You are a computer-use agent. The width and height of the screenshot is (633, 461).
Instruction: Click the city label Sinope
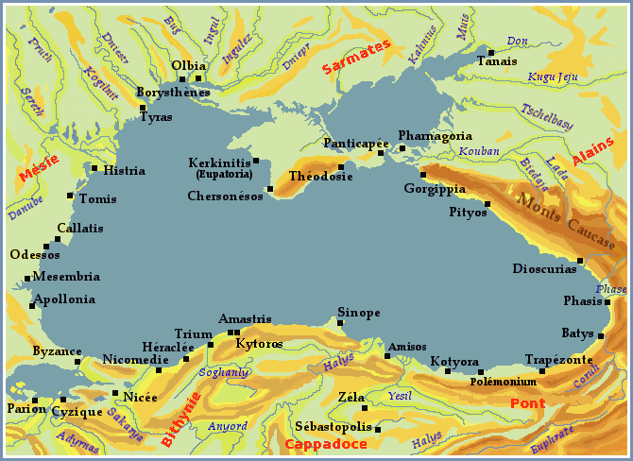pos(359,312)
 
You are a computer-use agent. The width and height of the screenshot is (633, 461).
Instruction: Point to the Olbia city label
pos(188,65)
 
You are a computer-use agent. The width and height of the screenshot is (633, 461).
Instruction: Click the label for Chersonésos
pos(226,196)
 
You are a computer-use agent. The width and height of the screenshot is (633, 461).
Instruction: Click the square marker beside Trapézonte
pos(542,370)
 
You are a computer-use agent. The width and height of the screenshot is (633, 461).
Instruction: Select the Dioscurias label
pos(544,268)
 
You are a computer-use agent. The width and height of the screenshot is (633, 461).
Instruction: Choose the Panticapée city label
pos(351,143)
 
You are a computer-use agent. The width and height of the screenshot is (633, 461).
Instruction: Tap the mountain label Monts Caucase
pos(564,214)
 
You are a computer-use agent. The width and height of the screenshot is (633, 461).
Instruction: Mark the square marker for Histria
pos(94,168)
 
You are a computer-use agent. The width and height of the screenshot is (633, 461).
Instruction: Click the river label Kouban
pos(479,151)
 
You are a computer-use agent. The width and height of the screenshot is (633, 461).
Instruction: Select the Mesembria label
pos(66,277)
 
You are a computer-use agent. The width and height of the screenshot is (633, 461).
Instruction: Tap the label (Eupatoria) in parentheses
pos(224,174)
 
